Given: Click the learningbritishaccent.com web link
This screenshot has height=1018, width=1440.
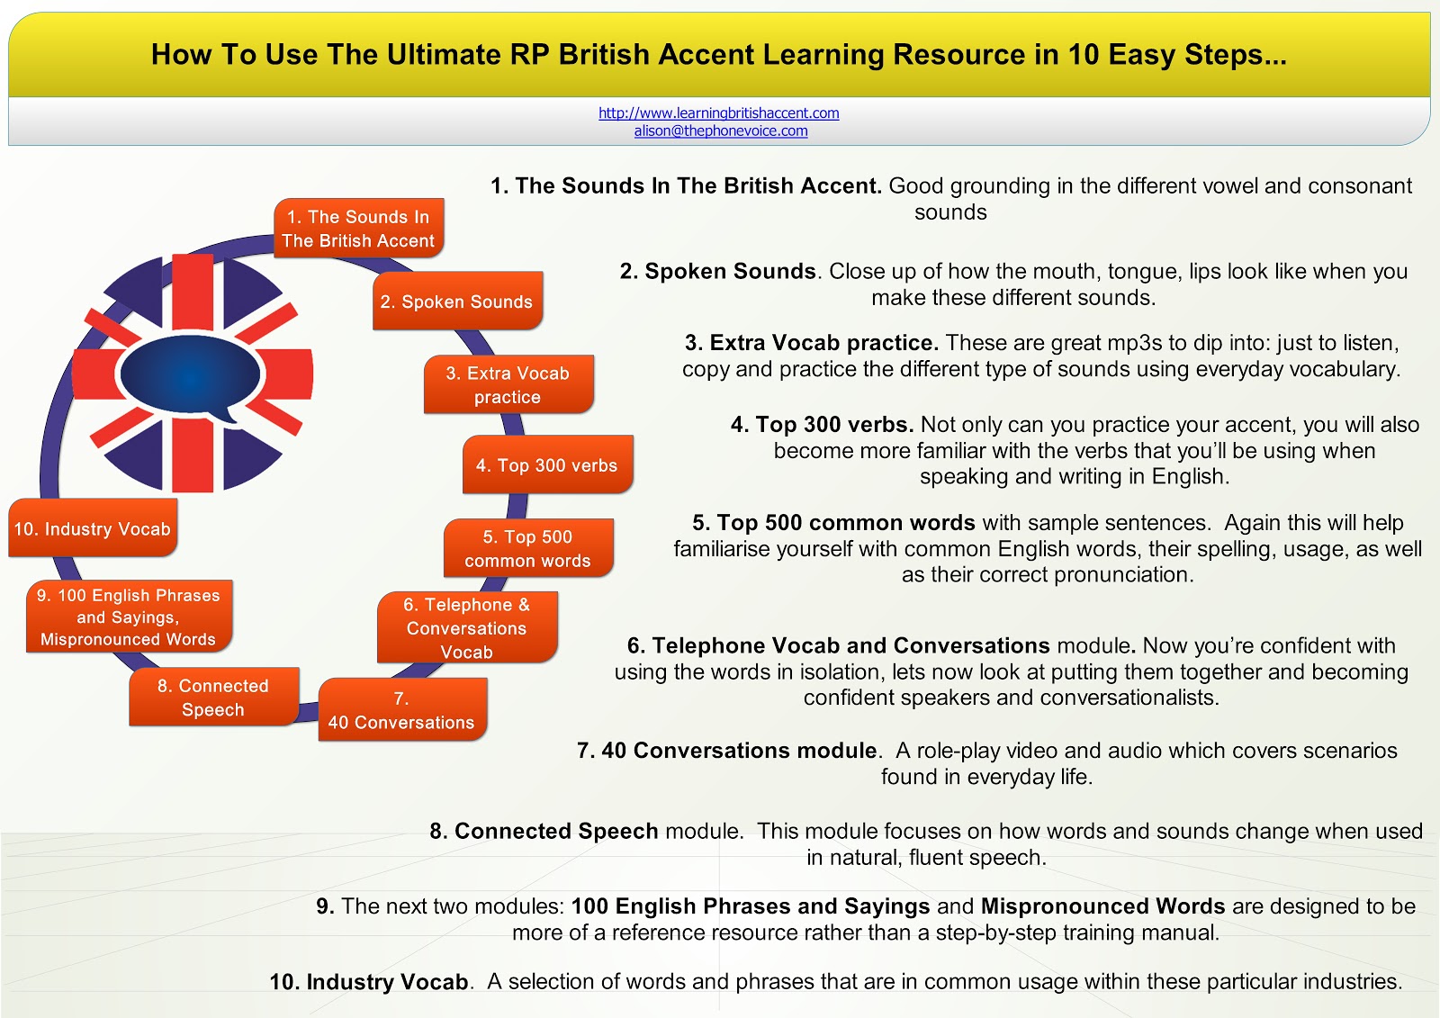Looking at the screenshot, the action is [x=718, y=113].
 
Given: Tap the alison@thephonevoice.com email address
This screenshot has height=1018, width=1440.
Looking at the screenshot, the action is [x=720, y=131].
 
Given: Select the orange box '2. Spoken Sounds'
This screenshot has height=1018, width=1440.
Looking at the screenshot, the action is [x=457, y=302].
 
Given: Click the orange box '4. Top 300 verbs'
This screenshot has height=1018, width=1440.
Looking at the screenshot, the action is [x=547, y=465].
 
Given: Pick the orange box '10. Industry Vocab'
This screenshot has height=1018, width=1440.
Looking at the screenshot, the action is [x=93, y=529].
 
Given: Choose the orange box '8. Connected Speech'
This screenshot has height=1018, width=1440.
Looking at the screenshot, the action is [x=213, y=698].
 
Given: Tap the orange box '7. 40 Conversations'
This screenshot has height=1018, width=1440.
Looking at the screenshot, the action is [x=401, y=711].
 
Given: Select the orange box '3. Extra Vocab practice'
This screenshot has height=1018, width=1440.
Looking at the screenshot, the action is [x=508, y=385].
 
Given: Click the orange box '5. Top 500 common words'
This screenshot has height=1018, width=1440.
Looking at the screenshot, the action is [x=528, y=548].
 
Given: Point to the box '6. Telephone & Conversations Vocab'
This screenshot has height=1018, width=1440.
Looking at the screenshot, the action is [x=467, y=628].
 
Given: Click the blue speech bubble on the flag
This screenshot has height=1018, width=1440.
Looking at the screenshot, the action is [x=189, y=375].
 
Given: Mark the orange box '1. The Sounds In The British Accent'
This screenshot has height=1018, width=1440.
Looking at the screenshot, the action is [x=358, y=229].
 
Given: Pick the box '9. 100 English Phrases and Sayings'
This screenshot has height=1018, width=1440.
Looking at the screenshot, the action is [x=129, y=617].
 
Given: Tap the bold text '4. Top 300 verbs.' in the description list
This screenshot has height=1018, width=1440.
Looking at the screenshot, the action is [x=822, y=425].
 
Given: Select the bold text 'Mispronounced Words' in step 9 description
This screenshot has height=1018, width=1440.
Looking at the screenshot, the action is [x=1102, y=906].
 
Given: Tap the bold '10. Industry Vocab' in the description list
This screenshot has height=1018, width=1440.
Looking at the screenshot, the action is [x=369, y=982].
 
